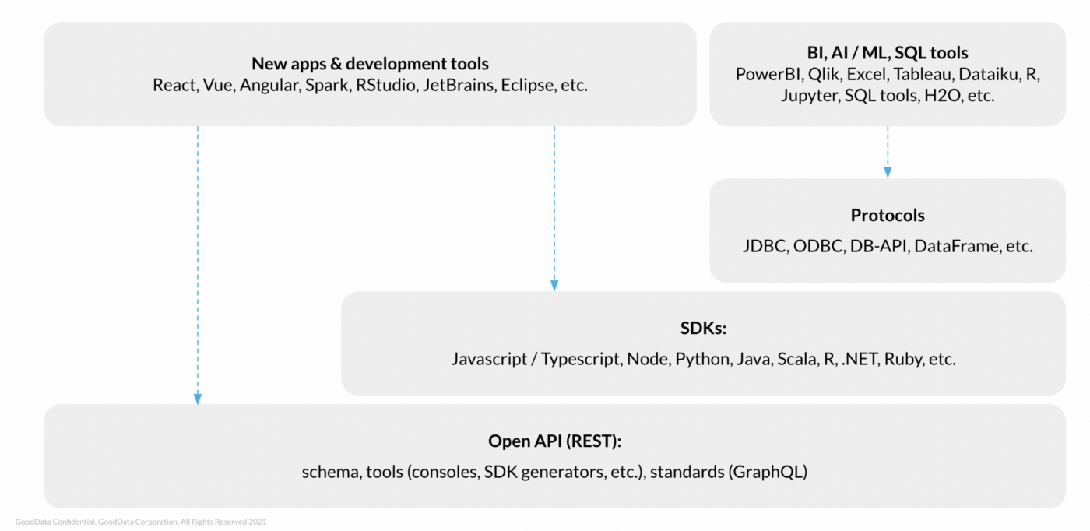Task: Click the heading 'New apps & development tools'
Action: [x=370, y=64]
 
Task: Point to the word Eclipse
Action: [x=527, y=85]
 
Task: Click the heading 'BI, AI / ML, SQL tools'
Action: [x=888, y=53]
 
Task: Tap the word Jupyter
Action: [x=810, y=96]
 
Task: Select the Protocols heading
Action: [x=888, y=216]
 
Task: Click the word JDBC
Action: [x=766, y=246]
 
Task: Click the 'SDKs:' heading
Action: [x=703, y=329]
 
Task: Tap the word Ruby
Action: [x=903, y=359]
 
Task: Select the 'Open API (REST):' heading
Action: [x=554, y=441]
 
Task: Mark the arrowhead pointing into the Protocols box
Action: [x=888, y=172]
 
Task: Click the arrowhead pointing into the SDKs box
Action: [x=554, y=286]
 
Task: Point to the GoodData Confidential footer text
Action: [x=140, y=522]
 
